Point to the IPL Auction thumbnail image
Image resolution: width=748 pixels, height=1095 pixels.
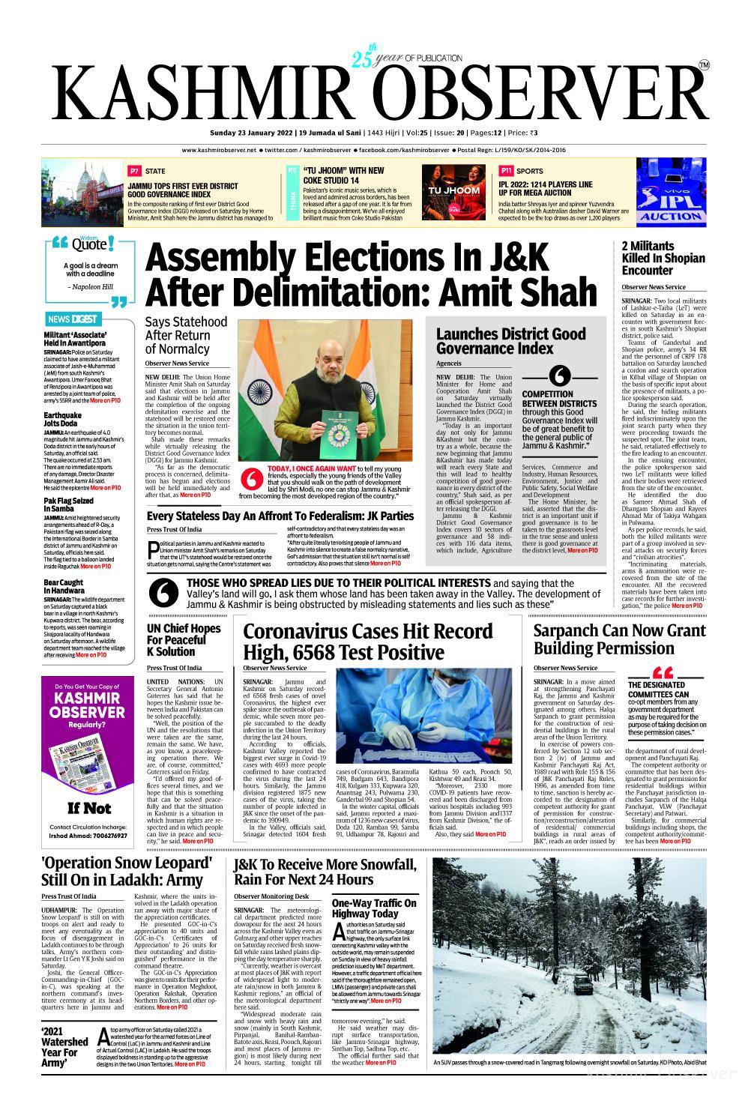tap(671, 192)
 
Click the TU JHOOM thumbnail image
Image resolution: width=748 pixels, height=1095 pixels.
tap(453, 192)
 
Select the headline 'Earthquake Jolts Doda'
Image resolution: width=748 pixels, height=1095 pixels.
tap(63, 419)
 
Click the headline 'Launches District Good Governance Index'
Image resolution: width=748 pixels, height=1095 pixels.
tap(501, 341)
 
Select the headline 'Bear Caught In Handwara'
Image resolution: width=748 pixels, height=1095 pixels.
tap(64, 587)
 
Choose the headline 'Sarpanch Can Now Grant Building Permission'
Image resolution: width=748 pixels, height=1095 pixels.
tap(619, 639)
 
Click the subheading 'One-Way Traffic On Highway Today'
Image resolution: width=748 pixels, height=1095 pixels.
tap(374, 908)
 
